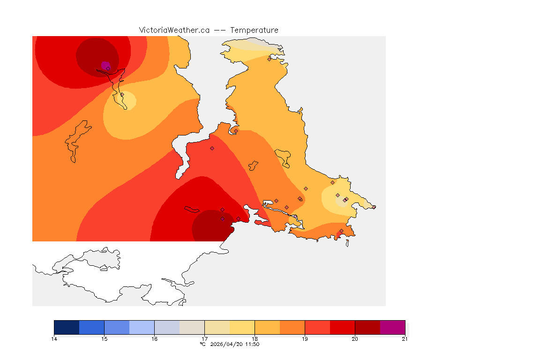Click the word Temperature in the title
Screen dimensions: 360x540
[x=254, y=30]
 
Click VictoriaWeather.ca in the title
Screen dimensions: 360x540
[x=174, y=30]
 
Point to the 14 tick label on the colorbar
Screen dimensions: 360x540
[x=54, y=338]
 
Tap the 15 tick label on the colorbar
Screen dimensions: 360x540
[x=104, y=338]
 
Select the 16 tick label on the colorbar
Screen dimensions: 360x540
[x=154, y=338]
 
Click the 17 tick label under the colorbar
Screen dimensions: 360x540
[x=204, y=338]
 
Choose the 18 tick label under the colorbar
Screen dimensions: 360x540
[x=255, y=338]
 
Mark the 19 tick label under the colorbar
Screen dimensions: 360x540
[x=305, y=338]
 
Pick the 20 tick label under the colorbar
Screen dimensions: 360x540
[x=355, y=338]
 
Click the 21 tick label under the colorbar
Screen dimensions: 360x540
[x=405, y=338]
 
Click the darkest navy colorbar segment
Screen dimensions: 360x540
[x=67, y=327]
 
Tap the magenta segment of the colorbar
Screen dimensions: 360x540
[x=392, y=327]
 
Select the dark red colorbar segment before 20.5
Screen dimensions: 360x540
[x=367, y=327]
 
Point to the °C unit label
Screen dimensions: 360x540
[x=202, y=345]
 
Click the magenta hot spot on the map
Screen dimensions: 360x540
[x=105, y=65]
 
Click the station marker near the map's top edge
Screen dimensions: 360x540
[x=269, y=59]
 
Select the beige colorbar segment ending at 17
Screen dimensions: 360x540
[x=192, y=327]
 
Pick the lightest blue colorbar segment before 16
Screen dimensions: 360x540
[x=142, y=327]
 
